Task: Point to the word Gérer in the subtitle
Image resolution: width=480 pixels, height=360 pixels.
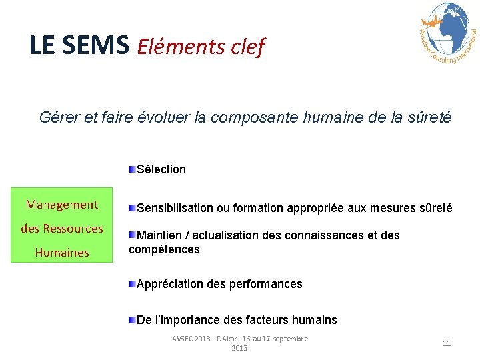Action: (x=58, y=118)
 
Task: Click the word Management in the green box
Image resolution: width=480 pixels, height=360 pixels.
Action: (x=62, y=205)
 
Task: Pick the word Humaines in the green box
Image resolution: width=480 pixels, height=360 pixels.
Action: (x=62, y=253)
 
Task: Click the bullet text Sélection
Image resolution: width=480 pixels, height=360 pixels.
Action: (x=161, y=169)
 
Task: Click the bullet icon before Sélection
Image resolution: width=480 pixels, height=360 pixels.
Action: (x=133, y=169)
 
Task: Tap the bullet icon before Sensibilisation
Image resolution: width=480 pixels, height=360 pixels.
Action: (x=133, y=208)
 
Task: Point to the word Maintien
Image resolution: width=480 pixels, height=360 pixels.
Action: (x=158, y=235)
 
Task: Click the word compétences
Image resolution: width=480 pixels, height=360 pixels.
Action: (x=164, y=249)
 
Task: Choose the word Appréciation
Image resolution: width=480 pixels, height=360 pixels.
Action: (x=167, y=284)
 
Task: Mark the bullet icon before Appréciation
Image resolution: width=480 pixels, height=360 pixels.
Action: (x=133, y=283)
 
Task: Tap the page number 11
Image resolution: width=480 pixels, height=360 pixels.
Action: (x=447, y=343)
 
